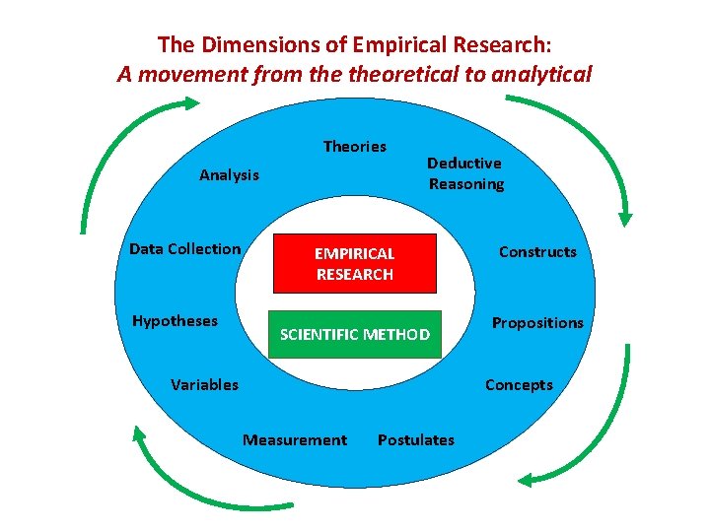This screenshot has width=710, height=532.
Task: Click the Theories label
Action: point(355,147)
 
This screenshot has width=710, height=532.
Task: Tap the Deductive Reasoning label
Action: point(465,173)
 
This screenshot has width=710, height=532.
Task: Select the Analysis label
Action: point(229,175)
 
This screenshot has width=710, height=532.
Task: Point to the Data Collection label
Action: point(185,249)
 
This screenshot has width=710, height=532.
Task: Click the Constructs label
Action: point(537,252)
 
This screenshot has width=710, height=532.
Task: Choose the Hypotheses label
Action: point(175,321)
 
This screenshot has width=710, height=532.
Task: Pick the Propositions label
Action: point(537,323)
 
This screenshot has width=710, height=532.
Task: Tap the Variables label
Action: point(204,385)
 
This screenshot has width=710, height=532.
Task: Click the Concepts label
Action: point(519,385)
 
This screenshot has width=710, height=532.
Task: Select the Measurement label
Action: point(295,440)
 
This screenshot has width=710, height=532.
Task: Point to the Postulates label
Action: point(416,440)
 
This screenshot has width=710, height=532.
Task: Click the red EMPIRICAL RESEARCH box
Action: point(354,264)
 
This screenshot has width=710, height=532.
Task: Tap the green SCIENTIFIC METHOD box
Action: point(355,335)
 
